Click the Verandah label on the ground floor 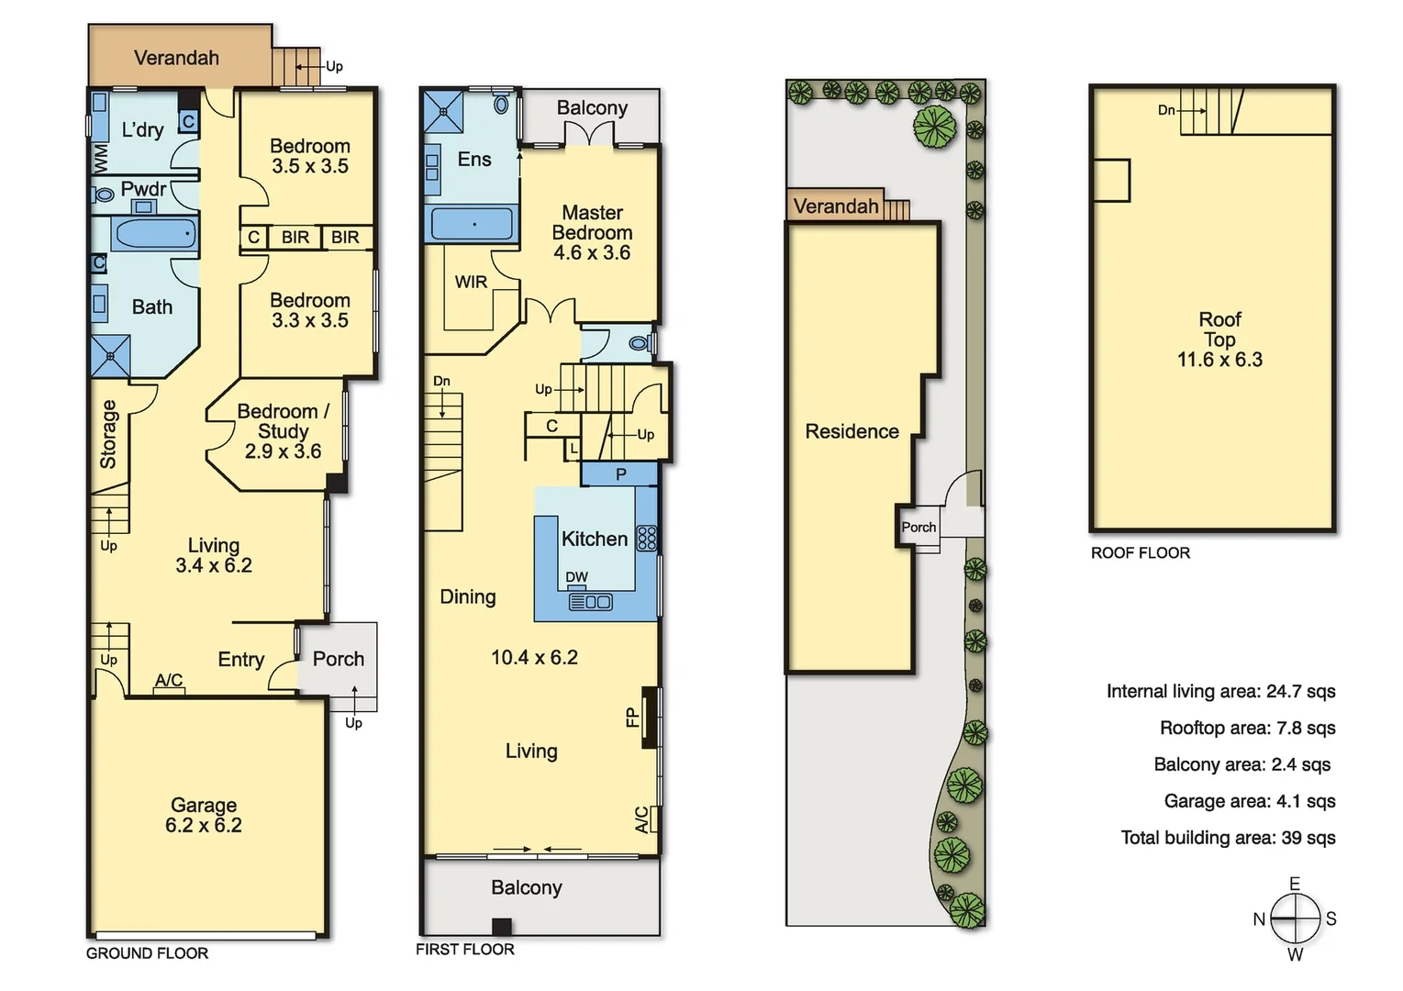176,58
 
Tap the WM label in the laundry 100,159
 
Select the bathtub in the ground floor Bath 154,233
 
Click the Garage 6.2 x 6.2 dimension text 204,825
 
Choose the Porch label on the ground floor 338,659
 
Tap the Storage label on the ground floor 108,434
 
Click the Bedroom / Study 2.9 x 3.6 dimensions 283,451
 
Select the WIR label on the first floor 471,282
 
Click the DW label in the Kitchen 576,577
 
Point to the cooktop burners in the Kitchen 647,538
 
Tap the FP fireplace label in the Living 632,717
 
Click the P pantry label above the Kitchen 621,474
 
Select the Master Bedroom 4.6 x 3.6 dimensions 592,252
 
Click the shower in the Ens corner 443,111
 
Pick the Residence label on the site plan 852,431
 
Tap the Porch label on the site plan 919,527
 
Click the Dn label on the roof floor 1166,110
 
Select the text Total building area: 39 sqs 1228,838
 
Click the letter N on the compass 1259,919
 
